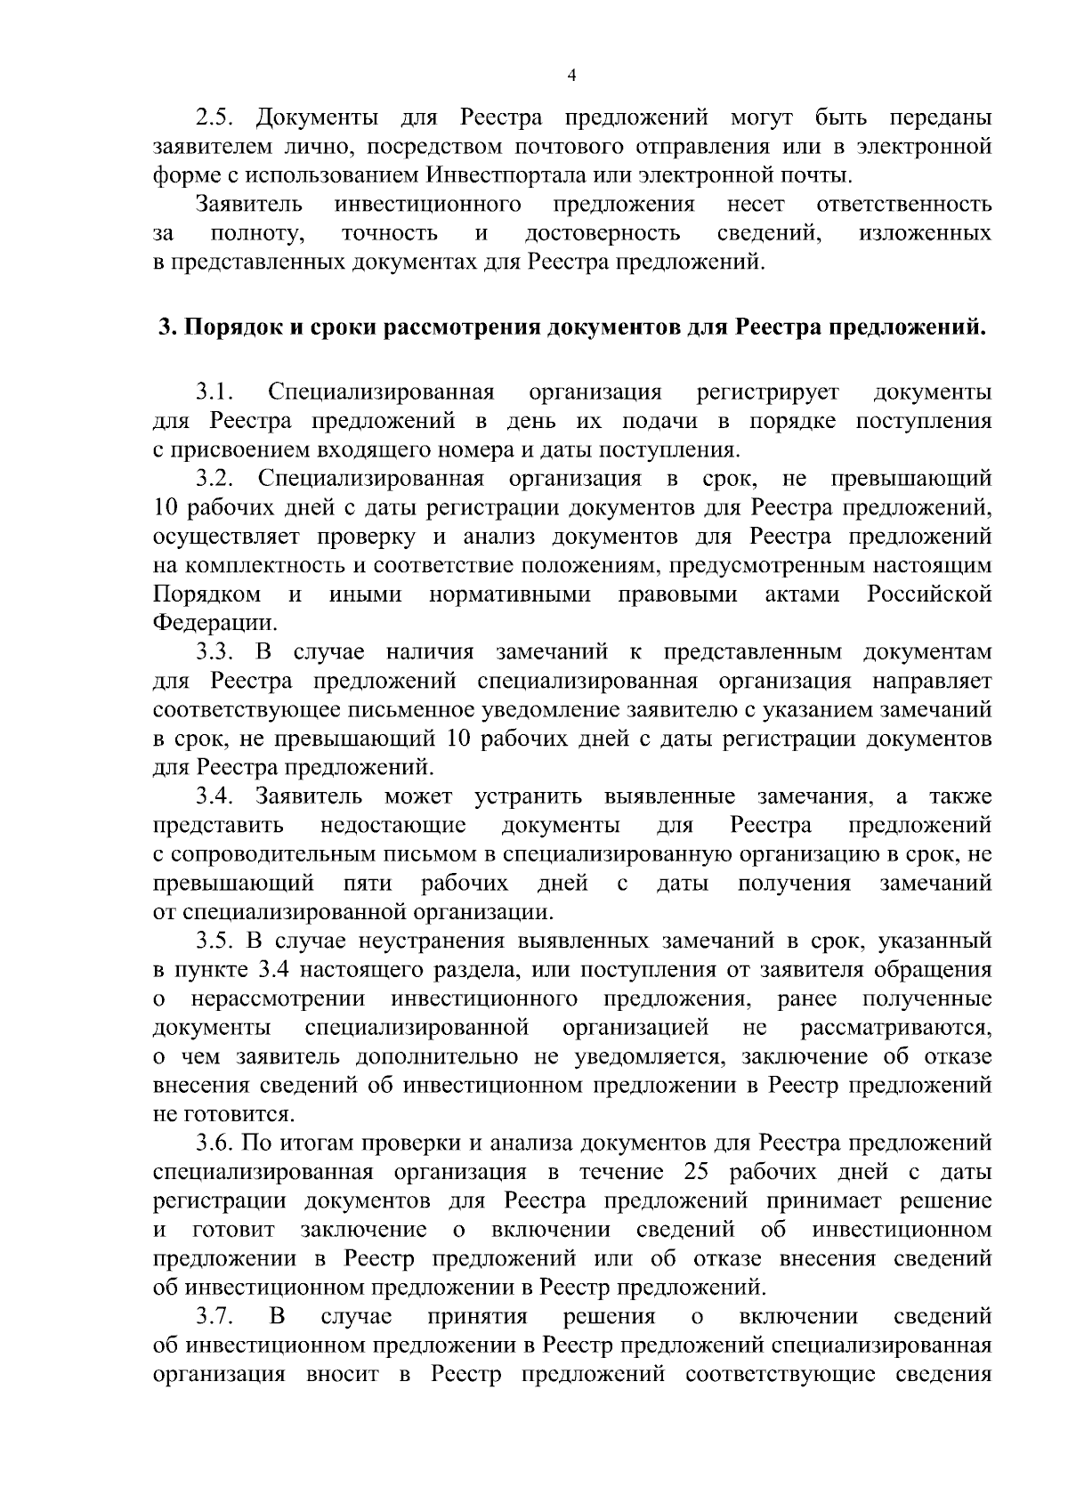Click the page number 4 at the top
[x=571, y=77]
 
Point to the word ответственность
[x=903, y=205]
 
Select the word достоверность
[x=603, y=234]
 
